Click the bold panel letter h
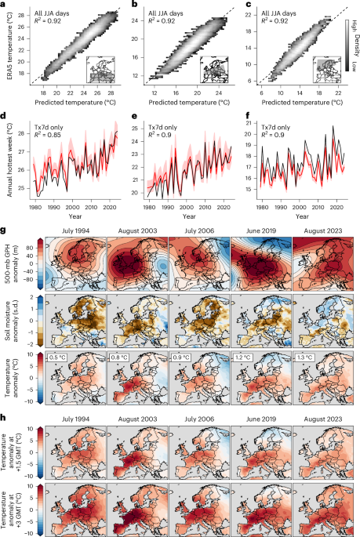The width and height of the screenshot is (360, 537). click(5, 416)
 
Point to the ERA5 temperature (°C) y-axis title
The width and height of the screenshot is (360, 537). click(7, 48)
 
